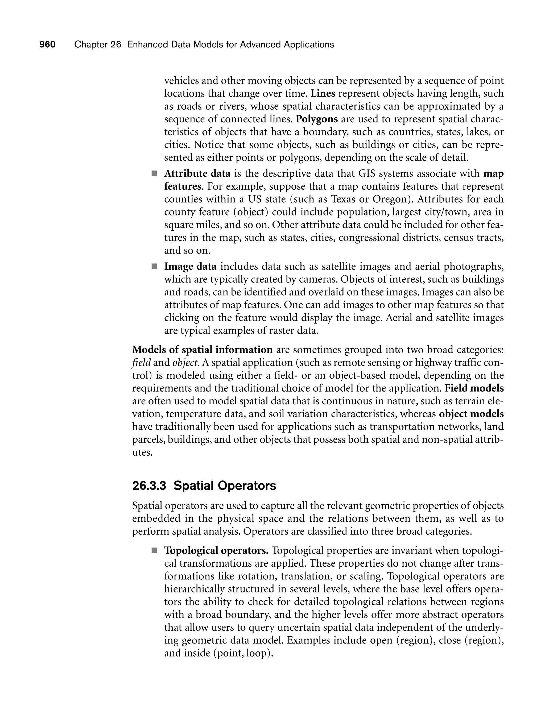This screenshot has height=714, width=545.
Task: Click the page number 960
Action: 47,44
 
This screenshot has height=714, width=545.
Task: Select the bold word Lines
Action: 323,93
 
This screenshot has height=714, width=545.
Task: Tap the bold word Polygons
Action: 317,119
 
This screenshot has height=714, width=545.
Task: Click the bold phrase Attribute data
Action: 197,174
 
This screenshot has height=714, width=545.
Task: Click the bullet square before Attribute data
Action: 154,173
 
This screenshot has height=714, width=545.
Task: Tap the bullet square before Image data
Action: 154,266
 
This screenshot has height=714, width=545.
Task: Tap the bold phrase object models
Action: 471,414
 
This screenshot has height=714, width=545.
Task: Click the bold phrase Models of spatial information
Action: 203,350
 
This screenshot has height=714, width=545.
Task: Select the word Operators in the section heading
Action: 246,486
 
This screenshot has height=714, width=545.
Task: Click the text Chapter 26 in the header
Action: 97,44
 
